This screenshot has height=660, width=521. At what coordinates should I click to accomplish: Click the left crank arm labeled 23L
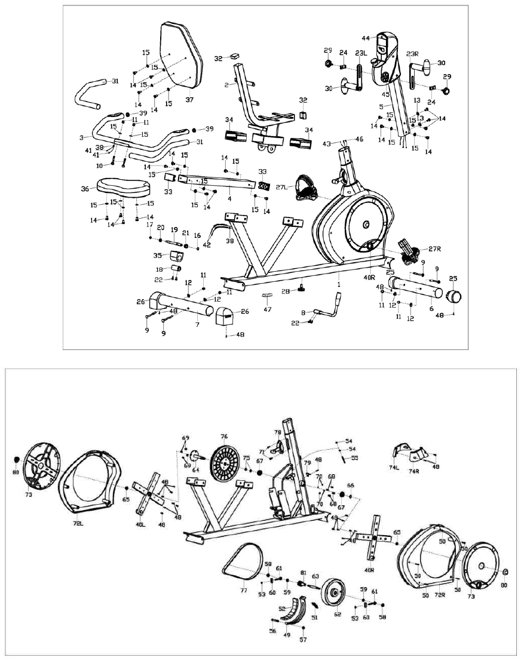pyautogui.click(x=360, y=77)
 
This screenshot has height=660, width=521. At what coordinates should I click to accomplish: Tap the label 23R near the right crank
pyautogui.click(x=413, y=53)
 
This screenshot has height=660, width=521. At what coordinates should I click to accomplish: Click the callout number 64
pyautogui.click(x=195, y=469)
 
